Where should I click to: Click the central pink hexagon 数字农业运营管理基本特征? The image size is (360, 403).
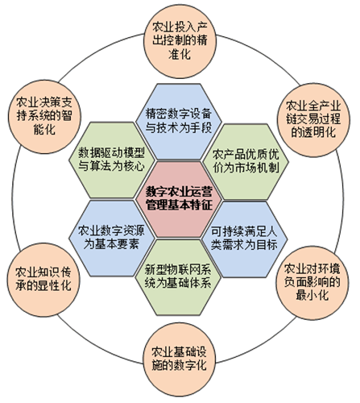pos(179,199)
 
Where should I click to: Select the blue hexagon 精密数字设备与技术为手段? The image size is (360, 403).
pos(179,122)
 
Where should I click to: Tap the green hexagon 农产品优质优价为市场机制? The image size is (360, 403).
pos(246,162)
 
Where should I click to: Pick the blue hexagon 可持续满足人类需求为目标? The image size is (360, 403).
pos(244,239)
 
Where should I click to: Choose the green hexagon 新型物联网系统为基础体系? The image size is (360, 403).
pos(178,277)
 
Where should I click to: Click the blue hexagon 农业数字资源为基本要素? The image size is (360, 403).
pos(112,238)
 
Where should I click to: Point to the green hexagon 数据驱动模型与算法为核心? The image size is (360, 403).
pos(112,160)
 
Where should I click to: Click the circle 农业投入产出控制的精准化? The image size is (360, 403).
pos(180,43)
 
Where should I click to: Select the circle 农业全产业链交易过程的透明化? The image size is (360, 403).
pos(313,119)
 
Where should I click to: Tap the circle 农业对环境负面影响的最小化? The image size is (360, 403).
pos(312,283)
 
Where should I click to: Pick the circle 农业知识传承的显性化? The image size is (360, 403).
pos(43,280)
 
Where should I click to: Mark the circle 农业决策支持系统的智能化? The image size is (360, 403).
pos(44,116)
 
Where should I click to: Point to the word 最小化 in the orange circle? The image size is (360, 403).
pos(312,295)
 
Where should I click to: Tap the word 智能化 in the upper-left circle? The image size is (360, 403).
pos(44,130)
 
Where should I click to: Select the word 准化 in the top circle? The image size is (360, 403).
pos(180,54)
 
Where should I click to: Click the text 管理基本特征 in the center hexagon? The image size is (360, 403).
pos(179,206)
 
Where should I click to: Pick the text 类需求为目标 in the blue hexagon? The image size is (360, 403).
pos(244,245)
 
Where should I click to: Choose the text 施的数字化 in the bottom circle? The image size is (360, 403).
pos(180,366)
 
